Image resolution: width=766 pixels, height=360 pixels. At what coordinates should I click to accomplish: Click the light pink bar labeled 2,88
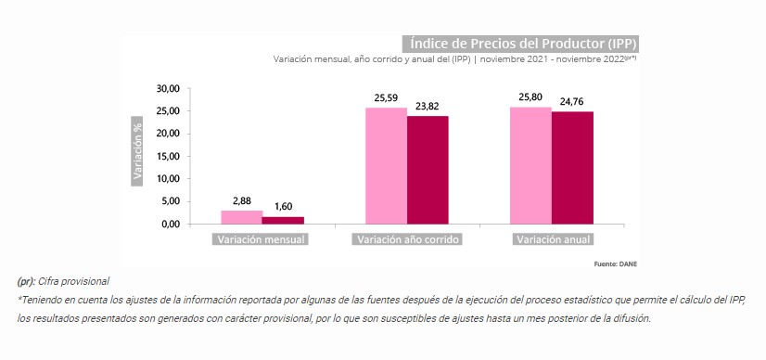(x=242, y=217)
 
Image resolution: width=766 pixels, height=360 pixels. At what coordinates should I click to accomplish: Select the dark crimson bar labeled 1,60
(x=283, y=220)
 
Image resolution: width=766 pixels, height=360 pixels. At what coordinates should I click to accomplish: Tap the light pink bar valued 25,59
(x=387, y=166)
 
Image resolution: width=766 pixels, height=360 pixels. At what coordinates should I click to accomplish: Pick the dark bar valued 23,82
(x=428, y=170)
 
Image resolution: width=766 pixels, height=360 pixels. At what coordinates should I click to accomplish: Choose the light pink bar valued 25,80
(x=531, y=165)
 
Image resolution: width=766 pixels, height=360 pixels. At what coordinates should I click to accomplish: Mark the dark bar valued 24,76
(x=572, y=168)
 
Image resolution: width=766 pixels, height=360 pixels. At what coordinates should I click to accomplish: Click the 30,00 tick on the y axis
(x=168, y=88)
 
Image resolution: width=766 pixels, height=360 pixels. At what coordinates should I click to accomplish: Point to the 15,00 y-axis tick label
(x=168, y=156)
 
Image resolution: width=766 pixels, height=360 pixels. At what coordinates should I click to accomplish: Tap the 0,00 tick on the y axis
(x=171, y=225)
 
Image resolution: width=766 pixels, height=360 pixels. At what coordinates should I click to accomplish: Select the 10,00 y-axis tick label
(x=168, y=179)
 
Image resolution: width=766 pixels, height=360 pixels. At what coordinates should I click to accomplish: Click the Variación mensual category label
(x=261, y=239)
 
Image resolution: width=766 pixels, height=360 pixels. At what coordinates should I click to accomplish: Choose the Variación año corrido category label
(x=407, y=239)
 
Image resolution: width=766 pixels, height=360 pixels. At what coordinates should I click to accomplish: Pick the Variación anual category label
(x=553, y=239)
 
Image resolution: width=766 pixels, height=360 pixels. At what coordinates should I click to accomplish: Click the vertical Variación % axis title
(x=137, y=151)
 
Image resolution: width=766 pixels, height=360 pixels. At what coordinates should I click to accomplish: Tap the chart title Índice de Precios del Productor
(x=521, y=44)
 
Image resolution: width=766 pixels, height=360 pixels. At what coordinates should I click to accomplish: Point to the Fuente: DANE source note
(x=616, y=264)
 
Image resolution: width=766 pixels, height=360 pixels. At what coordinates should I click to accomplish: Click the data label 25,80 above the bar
(x=531, y=97)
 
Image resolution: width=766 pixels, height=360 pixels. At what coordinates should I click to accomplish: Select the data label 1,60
(x=283, y=207)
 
